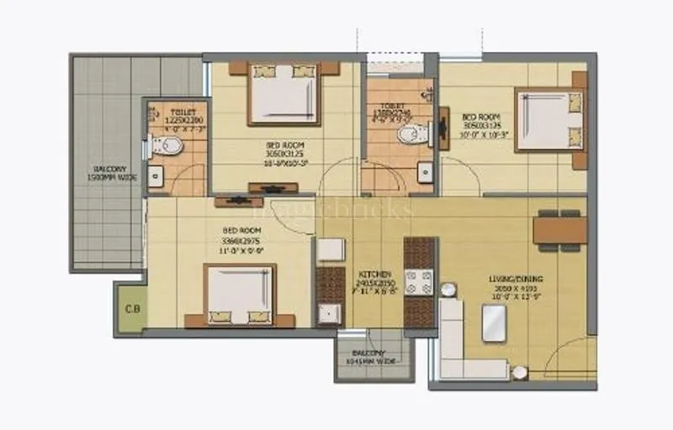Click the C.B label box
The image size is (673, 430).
click(x=132, y=307)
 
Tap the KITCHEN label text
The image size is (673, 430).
click(x=374, y=275)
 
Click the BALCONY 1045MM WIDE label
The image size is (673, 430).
click(x=369, y=357)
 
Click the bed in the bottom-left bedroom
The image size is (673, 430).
click(x=241, y=295)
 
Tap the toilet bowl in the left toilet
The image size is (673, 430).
click(x=170, y=146)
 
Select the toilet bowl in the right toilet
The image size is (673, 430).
click(x=411, y=134)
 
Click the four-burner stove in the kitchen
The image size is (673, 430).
click(x=419, y=282)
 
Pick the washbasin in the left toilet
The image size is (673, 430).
click(x=155, y=176)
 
